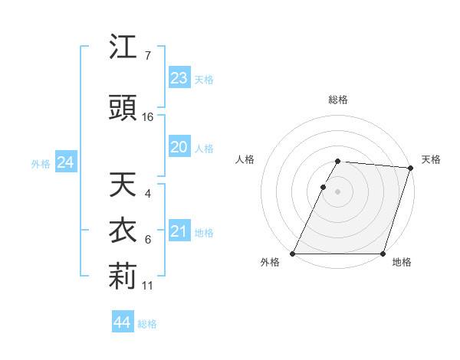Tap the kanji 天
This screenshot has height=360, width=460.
click(x=123, y=185)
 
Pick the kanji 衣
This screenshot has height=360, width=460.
click(x=123, y=231)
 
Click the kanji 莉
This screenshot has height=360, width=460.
click(x=123, y=277)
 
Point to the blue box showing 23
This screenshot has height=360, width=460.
click(x=179, y=77)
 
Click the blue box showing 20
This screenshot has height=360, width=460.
click(x=179, y=147)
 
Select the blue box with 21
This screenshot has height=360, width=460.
click(x=179, y=231)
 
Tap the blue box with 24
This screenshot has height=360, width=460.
click(x=65, y=162)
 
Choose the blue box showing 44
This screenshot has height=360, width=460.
click(x=123, y=322)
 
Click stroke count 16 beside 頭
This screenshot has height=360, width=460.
click(x=148, y=117)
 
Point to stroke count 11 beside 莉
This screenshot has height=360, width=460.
click(x=148, y=286)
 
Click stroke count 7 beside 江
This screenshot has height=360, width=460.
click(x=147, y=56)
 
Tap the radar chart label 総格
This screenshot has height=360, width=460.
click(x=338, y=100)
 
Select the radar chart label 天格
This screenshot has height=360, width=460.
click(x=431, y=159)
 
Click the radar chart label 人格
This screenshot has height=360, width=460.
click(x=245, y=159)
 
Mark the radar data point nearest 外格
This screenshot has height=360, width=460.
click(x=293, y=254)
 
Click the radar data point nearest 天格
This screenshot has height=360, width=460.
click(x=411, y=168)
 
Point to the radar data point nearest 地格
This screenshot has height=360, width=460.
click(x=383, y=254)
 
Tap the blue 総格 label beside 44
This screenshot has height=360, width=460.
click(x=147, y=324)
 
